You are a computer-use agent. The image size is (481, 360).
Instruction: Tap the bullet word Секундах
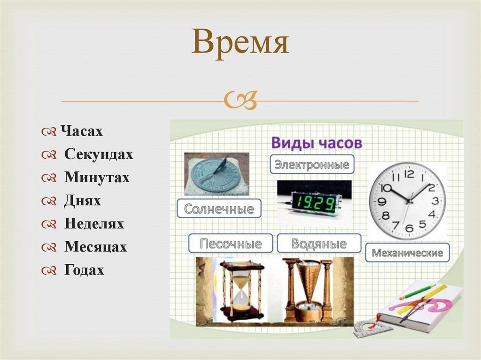[99, 154]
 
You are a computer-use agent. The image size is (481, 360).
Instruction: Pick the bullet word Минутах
[97, 177]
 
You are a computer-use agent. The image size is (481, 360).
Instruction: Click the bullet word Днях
[83, 201]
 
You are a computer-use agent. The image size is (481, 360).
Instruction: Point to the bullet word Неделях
[94, 224]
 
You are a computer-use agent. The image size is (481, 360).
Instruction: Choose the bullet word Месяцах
[96, 247]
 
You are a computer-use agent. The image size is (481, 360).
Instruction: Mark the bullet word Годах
[84, 270]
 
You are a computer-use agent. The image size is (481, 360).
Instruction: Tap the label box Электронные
[312, 165]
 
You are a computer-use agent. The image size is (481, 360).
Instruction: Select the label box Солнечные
[219, 208]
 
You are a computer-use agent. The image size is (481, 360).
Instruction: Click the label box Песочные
[230, 244]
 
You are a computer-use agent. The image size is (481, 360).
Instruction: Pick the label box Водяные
[319, 244]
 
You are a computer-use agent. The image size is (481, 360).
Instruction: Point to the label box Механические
[407, 253]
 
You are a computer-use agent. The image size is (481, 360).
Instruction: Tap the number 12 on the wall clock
[409, 174]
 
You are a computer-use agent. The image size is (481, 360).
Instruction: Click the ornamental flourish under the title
[240, 100]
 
